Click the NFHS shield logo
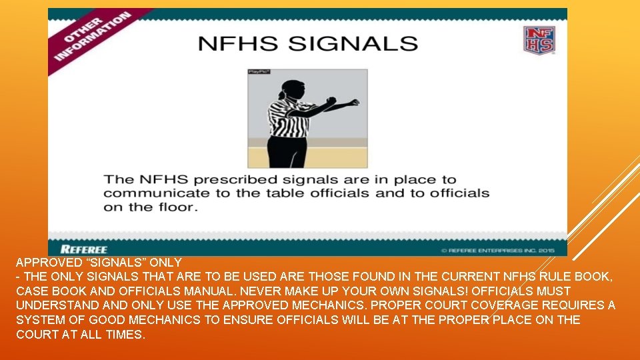click(539, 40)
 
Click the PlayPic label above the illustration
click(258, 71)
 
